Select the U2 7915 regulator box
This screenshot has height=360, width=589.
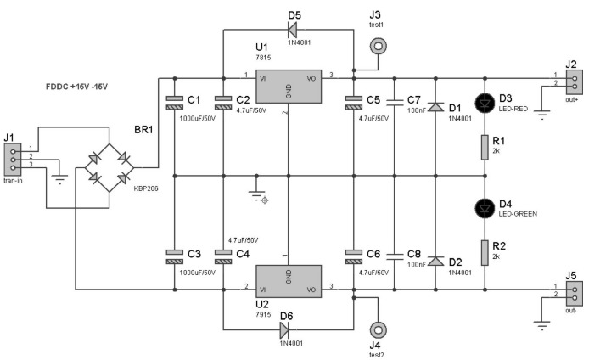289,279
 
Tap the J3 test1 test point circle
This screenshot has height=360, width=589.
376,48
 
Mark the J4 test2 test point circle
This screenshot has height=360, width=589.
376,329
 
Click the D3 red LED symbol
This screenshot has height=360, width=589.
485,102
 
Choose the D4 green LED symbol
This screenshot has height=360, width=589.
485,207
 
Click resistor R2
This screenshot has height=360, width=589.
485,251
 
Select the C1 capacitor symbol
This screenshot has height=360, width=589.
175,103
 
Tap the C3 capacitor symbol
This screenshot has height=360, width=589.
175,256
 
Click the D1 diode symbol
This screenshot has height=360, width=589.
435,108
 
